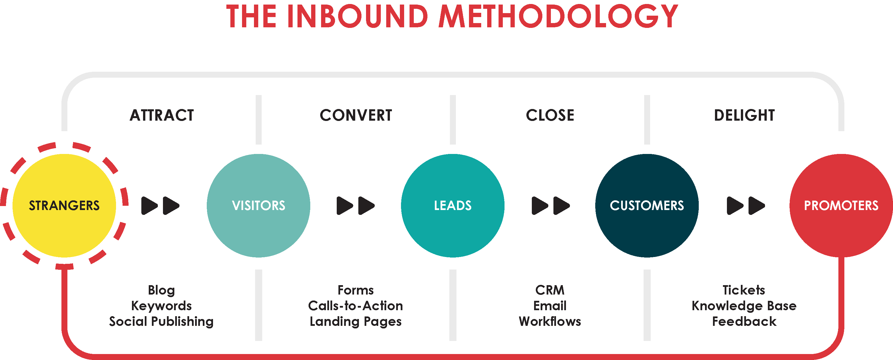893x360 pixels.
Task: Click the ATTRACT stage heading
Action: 162,115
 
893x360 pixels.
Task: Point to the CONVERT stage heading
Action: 356,115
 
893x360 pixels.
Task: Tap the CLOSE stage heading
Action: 550,115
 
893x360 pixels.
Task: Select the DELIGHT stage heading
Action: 744,115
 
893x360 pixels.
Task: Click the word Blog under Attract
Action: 162,290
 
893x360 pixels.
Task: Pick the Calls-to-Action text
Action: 356,306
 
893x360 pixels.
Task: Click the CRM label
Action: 550,290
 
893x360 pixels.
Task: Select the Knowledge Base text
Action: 744,306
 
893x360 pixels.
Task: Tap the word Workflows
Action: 550,321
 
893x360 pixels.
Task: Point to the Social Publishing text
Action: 162,322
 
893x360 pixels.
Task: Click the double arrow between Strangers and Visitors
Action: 160,206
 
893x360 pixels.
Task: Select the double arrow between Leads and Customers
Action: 551,206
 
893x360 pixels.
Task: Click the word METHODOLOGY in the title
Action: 558,16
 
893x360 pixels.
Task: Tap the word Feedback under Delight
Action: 744,321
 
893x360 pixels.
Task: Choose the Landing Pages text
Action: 356,322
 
